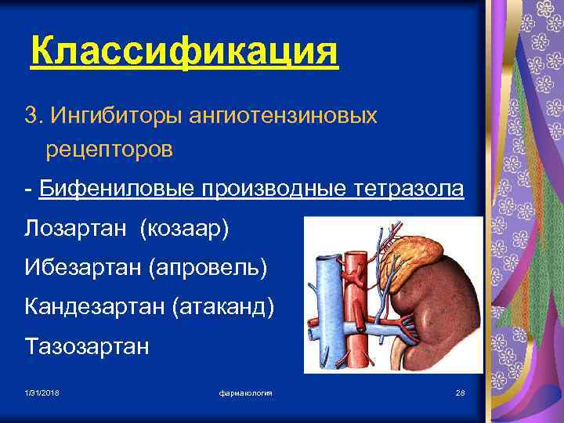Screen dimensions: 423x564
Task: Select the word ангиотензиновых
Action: (x=282, y=116)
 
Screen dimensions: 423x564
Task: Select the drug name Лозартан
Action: (x=78, y=230)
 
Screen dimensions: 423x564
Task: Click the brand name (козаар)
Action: (x=184, y=230)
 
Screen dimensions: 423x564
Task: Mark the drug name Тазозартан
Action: (x=86, y=345)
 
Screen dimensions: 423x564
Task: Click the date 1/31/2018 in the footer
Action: (x=42, y=392)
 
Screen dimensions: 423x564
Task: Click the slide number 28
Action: (x=460, y=392)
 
